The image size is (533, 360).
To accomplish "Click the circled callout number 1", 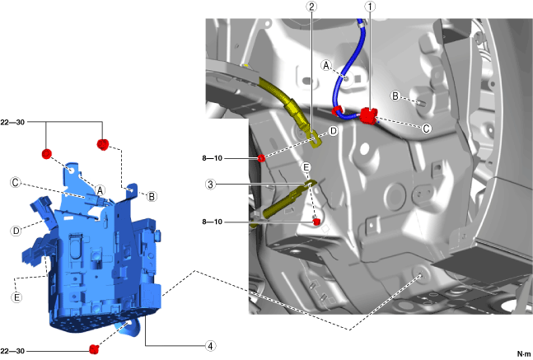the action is [370, 7].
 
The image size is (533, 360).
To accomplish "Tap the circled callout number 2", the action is [311, 7].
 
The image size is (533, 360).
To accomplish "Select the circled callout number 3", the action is [211, 185].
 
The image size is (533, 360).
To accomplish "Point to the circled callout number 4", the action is [211, 346].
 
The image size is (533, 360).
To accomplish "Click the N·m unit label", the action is [523, 354].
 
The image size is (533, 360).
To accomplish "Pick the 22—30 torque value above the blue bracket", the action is [12, 122].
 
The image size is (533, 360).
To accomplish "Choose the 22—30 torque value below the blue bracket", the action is [12, 351].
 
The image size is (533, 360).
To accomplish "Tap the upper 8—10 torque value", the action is [212, 158].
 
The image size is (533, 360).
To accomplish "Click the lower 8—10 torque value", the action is [212, 222].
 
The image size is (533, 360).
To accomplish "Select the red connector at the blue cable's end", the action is [368, 115].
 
